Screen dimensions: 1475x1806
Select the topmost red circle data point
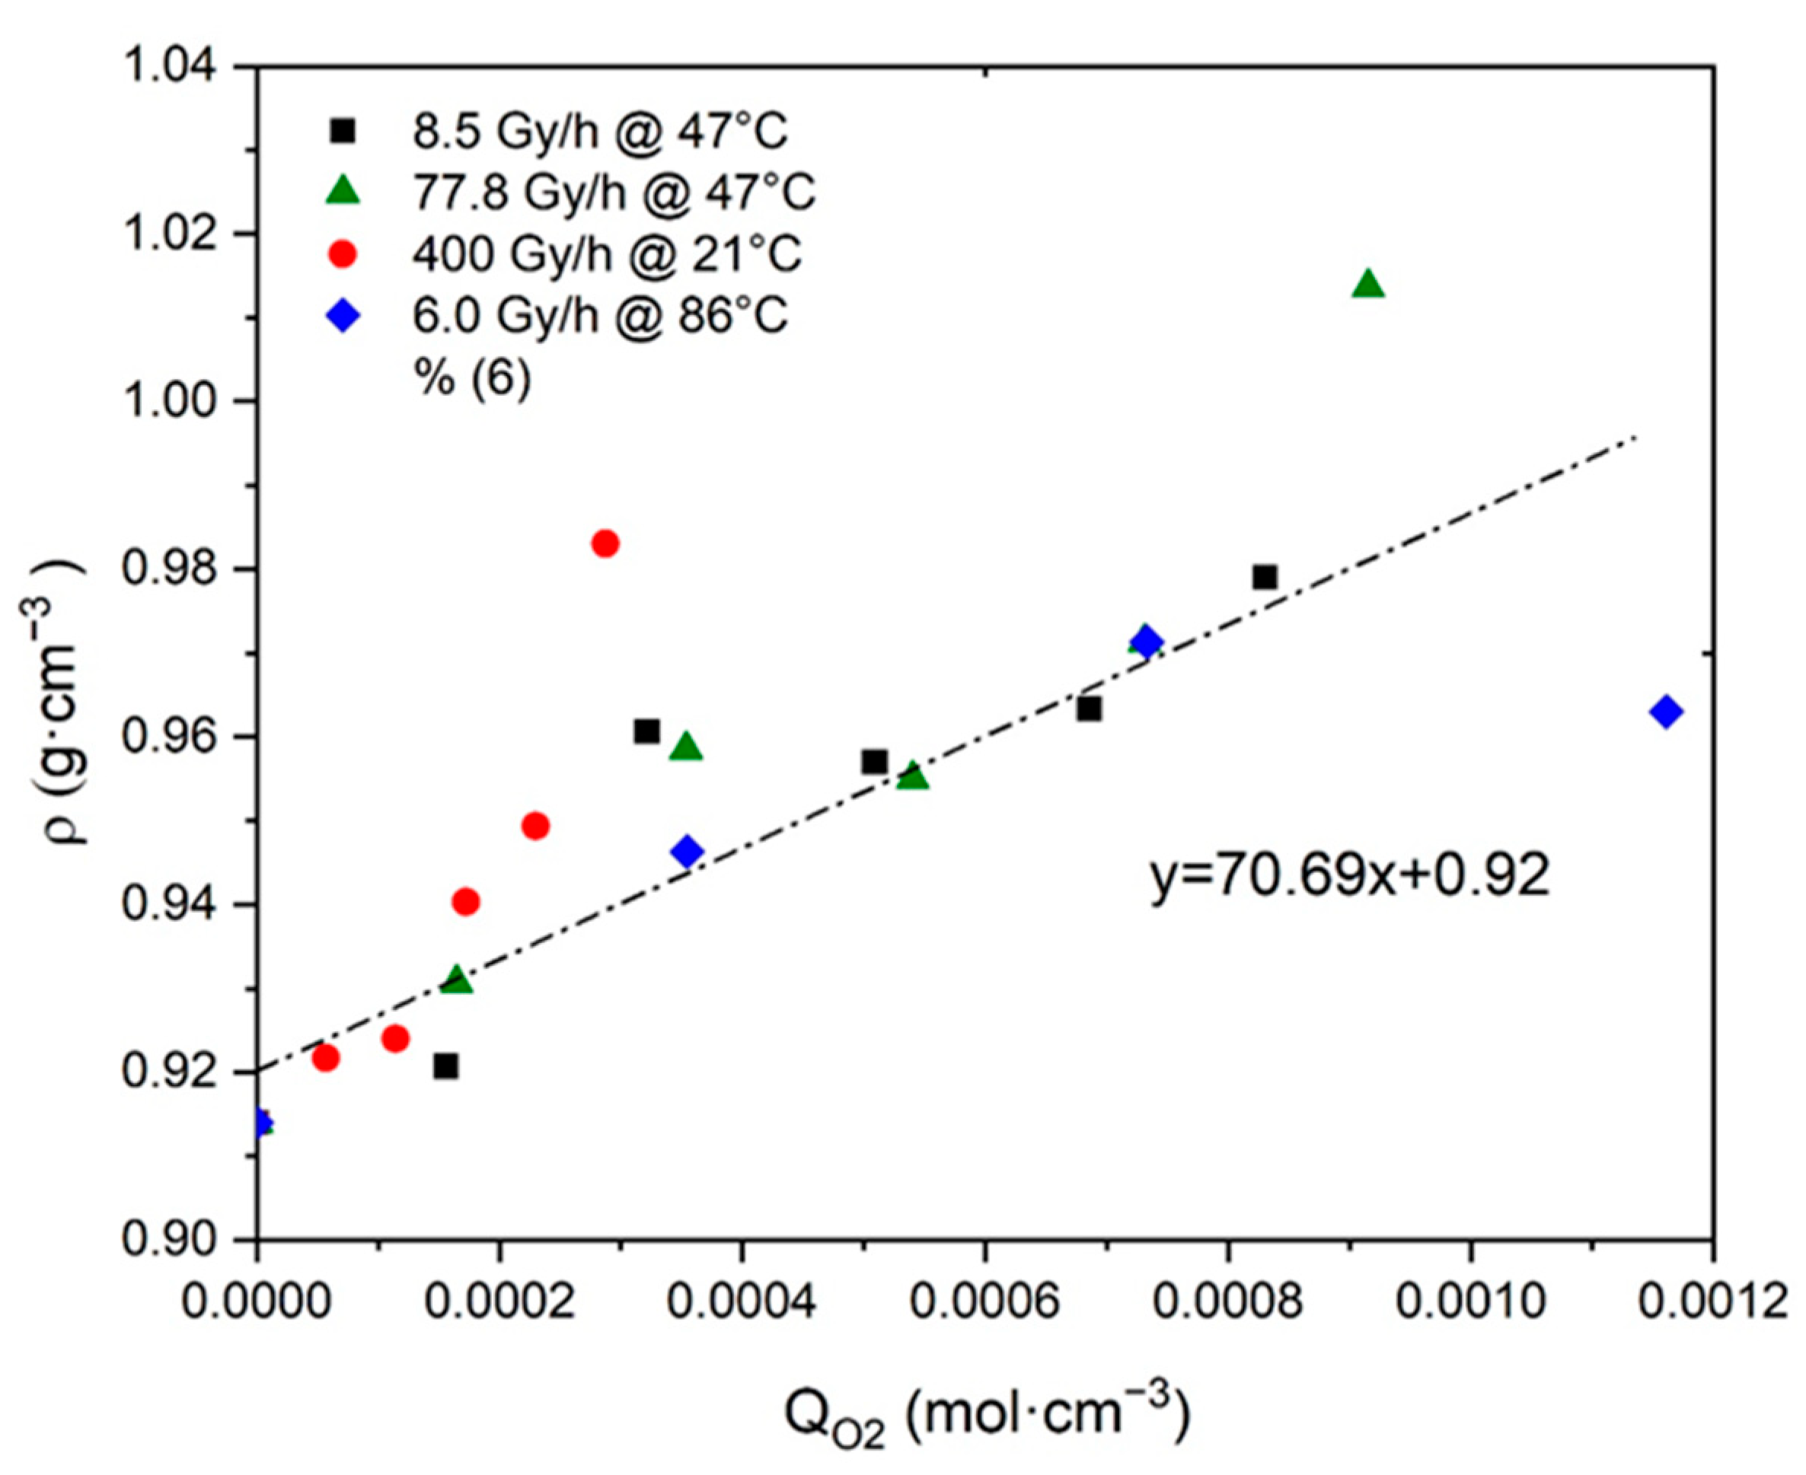(605, 543)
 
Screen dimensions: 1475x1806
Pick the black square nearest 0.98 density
(1265, 578)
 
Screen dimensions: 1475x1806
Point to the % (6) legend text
(473, 377)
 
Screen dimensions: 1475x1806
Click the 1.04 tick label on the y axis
(168, 66)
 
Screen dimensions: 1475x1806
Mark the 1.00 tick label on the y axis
(168, 401)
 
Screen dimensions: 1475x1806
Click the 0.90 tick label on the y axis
(168, 1240)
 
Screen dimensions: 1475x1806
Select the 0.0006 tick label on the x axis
(985, 1302)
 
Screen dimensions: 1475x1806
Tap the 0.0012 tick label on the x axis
(1712, 1302)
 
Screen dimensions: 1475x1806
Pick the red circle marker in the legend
(343, 254)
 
